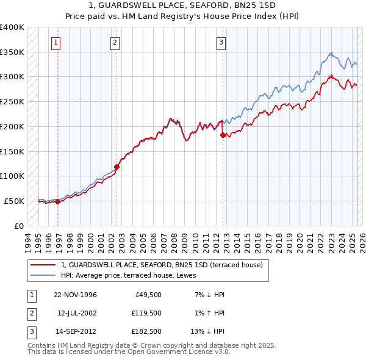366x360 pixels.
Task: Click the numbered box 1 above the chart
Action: click(56, 43)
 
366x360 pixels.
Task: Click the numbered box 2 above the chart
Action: click(114, 43)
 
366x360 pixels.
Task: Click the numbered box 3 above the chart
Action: click(220, 43)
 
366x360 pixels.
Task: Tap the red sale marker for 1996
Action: click(58, 202)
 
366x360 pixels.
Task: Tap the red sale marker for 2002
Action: click(117, 166)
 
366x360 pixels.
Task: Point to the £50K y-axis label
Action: click(14, 201)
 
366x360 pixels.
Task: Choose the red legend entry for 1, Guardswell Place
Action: click(162, 265)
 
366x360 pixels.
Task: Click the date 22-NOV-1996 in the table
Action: click(75, 295)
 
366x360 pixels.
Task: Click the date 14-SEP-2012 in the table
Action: click(75, 331)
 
